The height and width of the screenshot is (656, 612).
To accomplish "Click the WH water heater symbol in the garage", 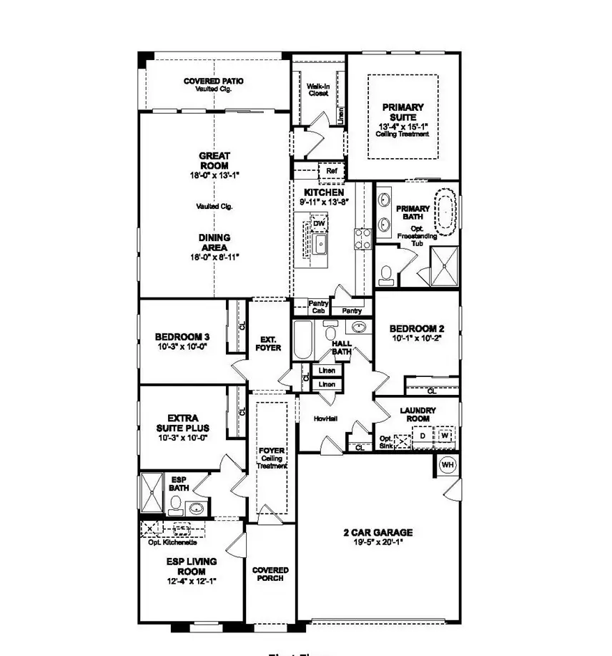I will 448,465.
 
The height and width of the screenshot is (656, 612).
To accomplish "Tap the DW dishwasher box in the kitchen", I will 320,224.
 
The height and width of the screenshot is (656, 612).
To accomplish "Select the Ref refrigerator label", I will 331,171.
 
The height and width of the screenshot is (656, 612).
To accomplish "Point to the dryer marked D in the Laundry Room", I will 423,435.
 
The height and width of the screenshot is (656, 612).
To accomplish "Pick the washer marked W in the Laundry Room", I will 445,435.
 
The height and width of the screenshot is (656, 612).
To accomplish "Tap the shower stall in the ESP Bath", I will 152,492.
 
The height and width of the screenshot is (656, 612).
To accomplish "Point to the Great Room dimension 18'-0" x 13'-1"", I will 214,176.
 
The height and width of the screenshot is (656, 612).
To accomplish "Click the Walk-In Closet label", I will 317,89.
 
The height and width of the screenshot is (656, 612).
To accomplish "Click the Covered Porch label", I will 270,574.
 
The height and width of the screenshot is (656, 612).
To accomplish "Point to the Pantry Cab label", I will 317,307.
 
